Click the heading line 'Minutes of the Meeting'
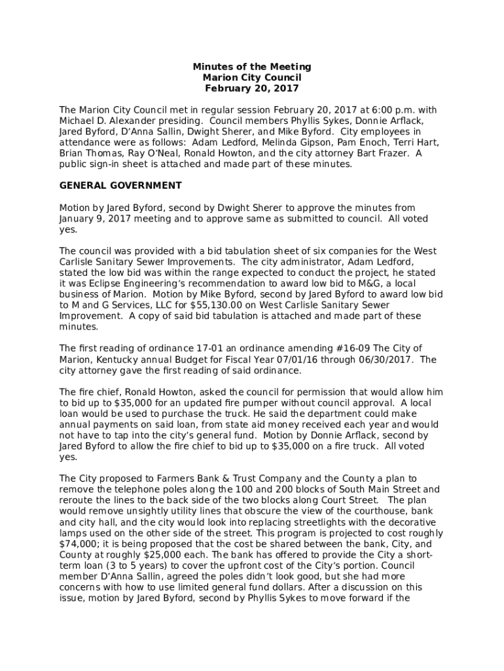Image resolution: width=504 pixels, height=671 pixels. [252, 67]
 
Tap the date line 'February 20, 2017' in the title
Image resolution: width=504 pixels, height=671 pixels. [252, 88]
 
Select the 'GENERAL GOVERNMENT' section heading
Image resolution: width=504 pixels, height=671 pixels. [120, 185]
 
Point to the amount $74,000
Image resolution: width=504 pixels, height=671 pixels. [75, 544]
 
